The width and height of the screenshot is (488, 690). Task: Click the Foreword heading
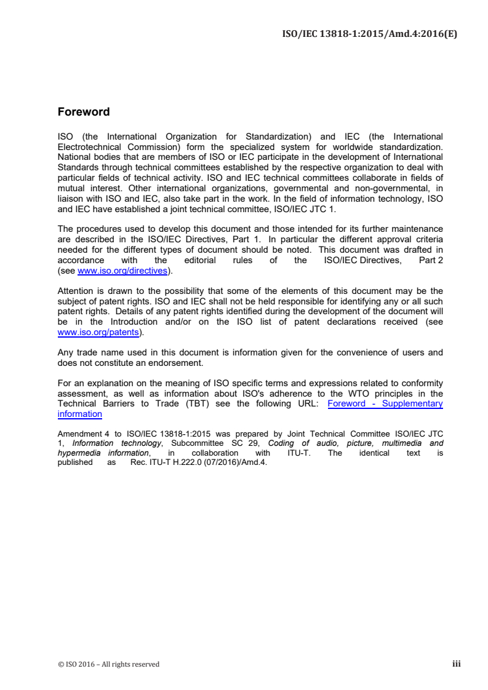[x=83, y=112]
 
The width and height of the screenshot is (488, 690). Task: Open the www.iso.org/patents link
[x=97, y=332]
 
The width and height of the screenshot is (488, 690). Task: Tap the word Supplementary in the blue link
[x=412, y=403]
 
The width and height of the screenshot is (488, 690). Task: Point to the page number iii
[x=456, y=664]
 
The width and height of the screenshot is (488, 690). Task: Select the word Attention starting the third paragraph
[x=77, y=291]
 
